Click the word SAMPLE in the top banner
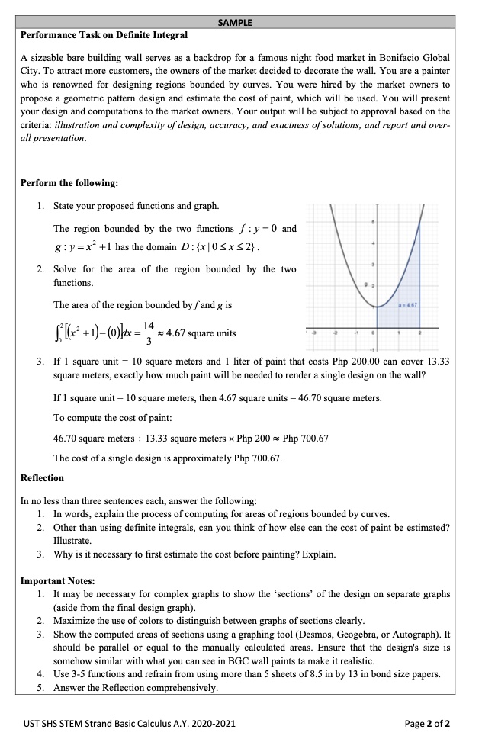[237, 23]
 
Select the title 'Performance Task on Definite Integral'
[104, 35]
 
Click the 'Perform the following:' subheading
[69, 184]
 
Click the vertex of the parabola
[378, 306]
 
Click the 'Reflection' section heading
[42, 478]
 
